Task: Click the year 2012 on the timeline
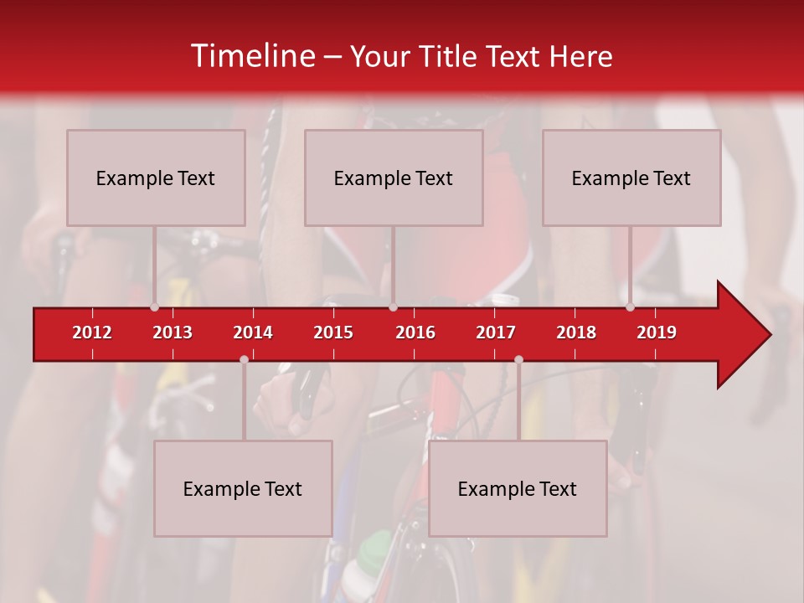pyautogui.click(x=92, y=332)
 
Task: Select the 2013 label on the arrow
pyautogui.click(x=173, y=332)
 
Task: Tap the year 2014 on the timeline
pyautogui.click(x=253, y=332)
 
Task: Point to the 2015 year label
pyautogui.click(x=333, y=332)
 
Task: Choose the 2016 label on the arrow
pyautogui.click(x=415, y=332)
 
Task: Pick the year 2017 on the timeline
pyautogui.click(x=496, y=332)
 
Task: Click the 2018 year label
pyautogui.click(x=576, y=332)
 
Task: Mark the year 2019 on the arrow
pyautogui.click(x=657, y=332)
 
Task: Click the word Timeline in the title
pyautogui.click(x=252, y=56)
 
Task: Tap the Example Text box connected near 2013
pyautogui.click(x=156, y=178)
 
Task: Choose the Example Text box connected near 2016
pyautogui.click(x=394, y=178)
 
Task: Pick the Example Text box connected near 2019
pyautogui.click(x=631, y=178)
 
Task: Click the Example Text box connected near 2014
pyautogui.click(x=243, y=488)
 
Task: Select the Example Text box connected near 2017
pyautogui.click(x=518, y=488)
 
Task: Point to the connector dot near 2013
pyautogui.click(x=154, y=307)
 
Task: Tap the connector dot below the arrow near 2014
pyautogui.click(x=244, y=359)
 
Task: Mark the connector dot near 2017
pyautogui.click(x=518, y=359)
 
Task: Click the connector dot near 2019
pyautogui.click(x=630, y=307)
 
